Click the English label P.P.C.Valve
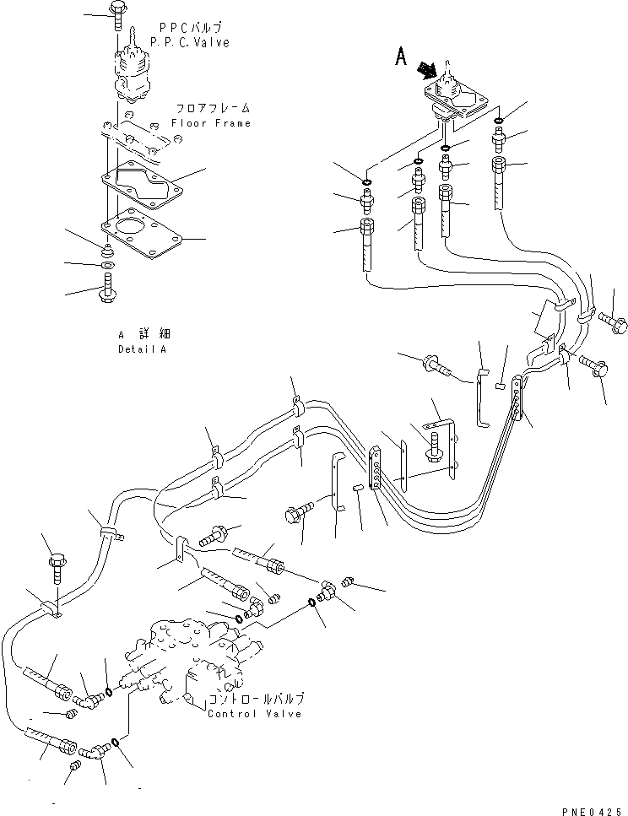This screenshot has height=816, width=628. pos(189,42)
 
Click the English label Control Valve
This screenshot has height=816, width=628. pos(255,713)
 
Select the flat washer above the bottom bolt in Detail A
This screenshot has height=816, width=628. pos(109,266)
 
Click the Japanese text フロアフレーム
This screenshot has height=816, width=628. pos(213,109)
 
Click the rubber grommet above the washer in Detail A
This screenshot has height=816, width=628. pos(109,251)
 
